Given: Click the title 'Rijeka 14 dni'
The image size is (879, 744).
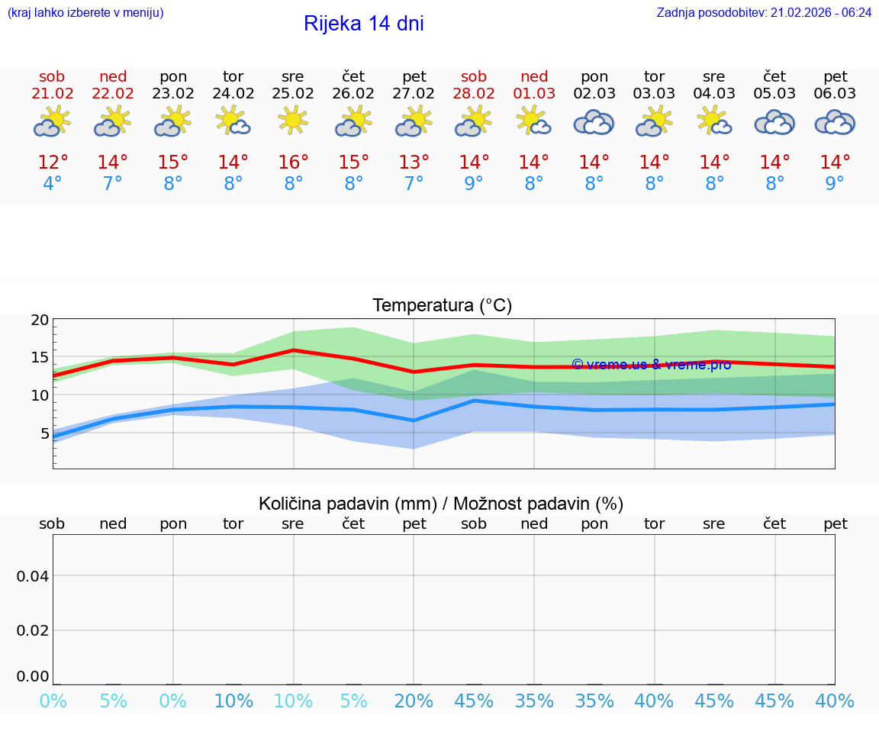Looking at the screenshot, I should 363,24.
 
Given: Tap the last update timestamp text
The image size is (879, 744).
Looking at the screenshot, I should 764,12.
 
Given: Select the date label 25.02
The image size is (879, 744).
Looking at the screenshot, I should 293,94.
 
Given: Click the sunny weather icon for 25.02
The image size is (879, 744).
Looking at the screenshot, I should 293,121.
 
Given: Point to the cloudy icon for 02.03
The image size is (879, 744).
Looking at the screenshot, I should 594,122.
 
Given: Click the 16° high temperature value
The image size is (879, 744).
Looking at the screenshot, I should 293,163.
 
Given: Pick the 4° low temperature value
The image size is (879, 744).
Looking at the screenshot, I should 52,184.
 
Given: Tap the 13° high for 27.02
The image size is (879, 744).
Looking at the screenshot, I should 414,163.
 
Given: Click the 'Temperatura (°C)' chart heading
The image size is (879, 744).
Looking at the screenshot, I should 442,306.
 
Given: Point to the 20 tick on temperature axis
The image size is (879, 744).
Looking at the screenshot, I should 40,320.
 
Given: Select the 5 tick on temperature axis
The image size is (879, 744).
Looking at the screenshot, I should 44,433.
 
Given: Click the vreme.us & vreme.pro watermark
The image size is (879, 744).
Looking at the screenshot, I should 651,365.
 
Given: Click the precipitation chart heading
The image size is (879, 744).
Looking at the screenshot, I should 441,504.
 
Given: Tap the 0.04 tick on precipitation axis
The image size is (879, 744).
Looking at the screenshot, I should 33,576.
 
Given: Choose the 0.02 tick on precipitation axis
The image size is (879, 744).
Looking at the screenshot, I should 33,630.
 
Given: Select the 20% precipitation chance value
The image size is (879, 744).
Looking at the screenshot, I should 414,701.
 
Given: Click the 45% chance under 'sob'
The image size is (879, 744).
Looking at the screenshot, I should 474,701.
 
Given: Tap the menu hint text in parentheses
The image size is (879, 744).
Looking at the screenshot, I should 85,12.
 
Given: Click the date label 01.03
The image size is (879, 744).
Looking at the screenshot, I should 534,94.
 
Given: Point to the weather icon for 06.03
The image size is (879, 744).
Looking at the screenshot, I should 835,122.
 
